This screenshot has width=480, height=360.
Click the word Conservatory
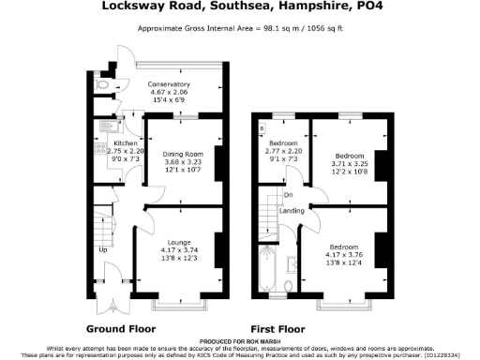170,84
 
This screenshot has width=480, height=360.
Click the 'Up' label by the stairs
102,250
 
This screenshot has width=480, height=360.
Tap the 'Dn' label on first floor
288,195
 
